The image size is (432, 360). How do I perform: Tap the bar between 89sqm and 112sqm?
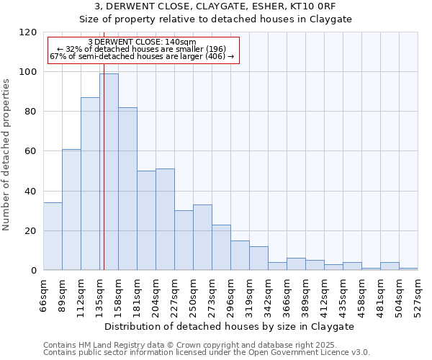71,210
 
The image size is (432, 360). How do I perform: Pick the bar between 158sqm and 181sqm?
127,189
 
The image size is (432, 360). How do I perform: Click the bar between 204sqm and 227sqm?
165,220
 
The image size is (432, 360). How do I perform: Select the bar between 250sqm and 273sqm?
202,238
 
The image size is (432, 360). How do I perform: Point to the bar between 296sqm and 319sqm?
240,256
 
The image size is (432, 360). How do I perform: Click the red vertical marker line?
104,180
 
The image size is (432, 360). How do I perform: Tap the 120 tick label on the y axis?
28,32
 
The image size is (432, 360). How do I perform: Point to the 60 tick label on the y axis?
31,151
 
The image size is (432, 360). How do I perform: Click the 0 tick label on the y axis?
34,271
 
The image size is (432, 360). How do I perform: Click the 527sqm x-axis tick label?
418,294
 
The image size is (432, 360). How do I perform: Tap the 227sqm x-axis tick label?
175,294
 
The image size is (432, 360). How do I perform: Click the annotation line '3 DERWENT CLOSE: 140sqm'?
142,42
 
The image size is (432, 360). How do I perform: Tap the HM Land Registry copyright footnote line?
205,345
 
